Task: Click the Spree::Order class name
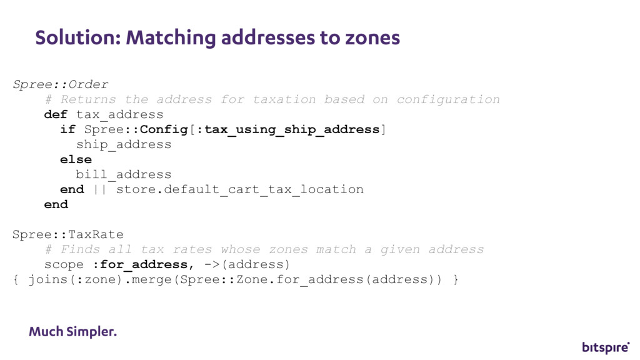pyautogui.click(x=61, y=84)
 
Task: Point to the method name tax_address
pyautogui.click(x=119, y=114)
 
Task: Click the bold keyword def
pyautogui.click(x=56, y=114)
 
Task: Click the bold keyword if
pyautogui.click(x=67, y=129)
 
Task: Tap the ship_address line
pyautogui.click(x=124, y=144)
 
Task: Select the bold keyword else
pyautogui.click(x=76, y=159)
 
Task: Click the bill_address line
pyautogui.click(x=124, y=174)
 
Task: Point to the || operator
pyautogui.click(x=99, y=189)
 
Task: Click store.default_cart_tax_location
pyautogui.click(x=240, y=189)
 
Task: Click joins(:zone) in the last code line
pyautogui.click(x=68, y=279)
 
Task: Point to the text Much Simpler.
pyautogui.click(x=72, y=331)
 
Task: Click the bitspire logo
pyautogui.click(x=605, y=347)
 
